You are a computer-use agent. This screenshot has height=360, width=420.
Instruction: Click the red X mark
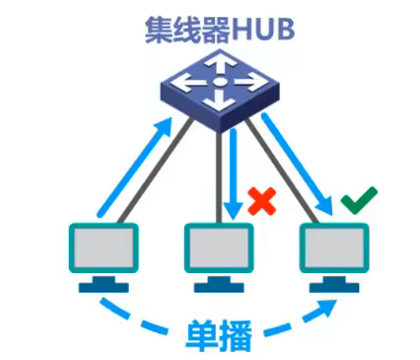[x=261, y=202]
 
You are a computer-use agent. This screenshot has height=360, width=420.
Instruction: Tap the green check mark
[x=357, y=203]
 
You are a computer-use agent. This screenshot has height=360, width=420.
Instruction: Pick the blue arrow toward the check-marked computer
[x=301, y=163]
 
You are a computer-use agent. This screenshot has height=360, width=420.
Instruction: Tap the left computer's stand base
[x=104, y=286]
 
